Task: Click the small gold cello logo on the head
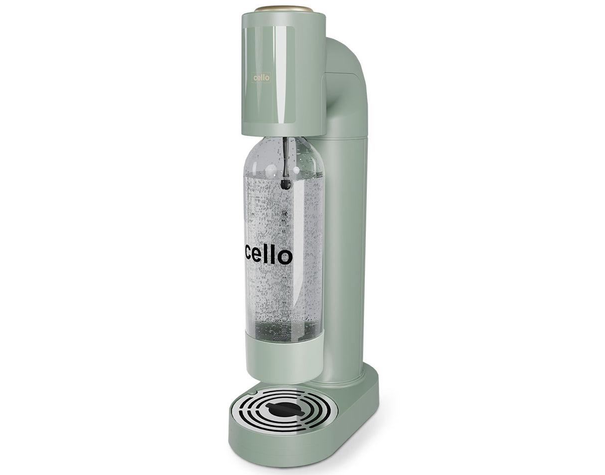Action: point(261,77)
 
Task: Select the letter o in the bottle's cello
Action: point(285,257)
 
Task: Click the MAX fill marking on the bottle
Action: point(319,174)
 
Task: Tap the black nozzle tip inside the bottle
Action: point(286,184)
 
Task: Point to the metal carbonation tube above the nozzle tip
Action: point(285,155)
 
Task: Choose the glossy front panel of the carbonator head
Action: point(269,75)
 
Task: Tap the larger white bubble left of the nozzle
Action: point(271,171)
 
